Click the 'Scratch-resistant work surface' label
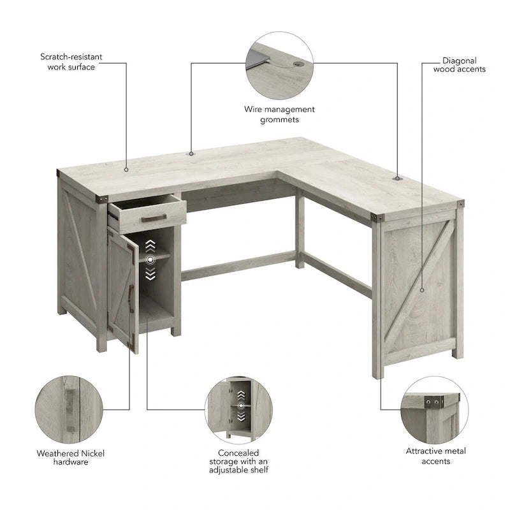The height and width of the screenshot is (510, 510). tap(71, 62)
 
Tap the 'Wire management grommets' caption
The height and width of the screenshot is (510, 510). tap(279, 114)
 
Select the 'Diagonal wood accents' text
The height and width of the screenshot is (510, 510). tap(459, 65)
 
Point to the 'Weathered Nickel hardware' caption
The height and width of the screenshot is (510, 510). tap(71, 457)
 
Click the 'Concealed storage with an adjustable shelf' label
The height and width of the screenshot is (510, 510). tap(238, 461)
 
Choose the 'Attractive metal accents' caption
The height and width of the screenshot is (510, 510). tap(436, 455)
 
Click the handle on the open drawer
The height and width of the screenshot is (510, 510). tap(154, 218)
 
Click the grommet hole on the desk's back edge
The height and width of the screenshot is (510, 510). tap(191, 153)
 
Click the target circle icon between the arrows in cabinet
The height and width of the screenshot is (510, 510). tap(150, 259)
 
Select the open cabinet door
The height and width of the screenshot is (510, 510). tap(122, 290)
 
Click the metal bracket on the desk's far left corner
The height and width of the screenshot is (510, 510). tap(59, 172)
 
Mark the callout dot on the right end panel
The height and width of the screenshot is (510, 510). tap(422, 290)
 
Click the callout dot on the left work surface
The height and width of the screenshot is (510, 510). tap(126, 170)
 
